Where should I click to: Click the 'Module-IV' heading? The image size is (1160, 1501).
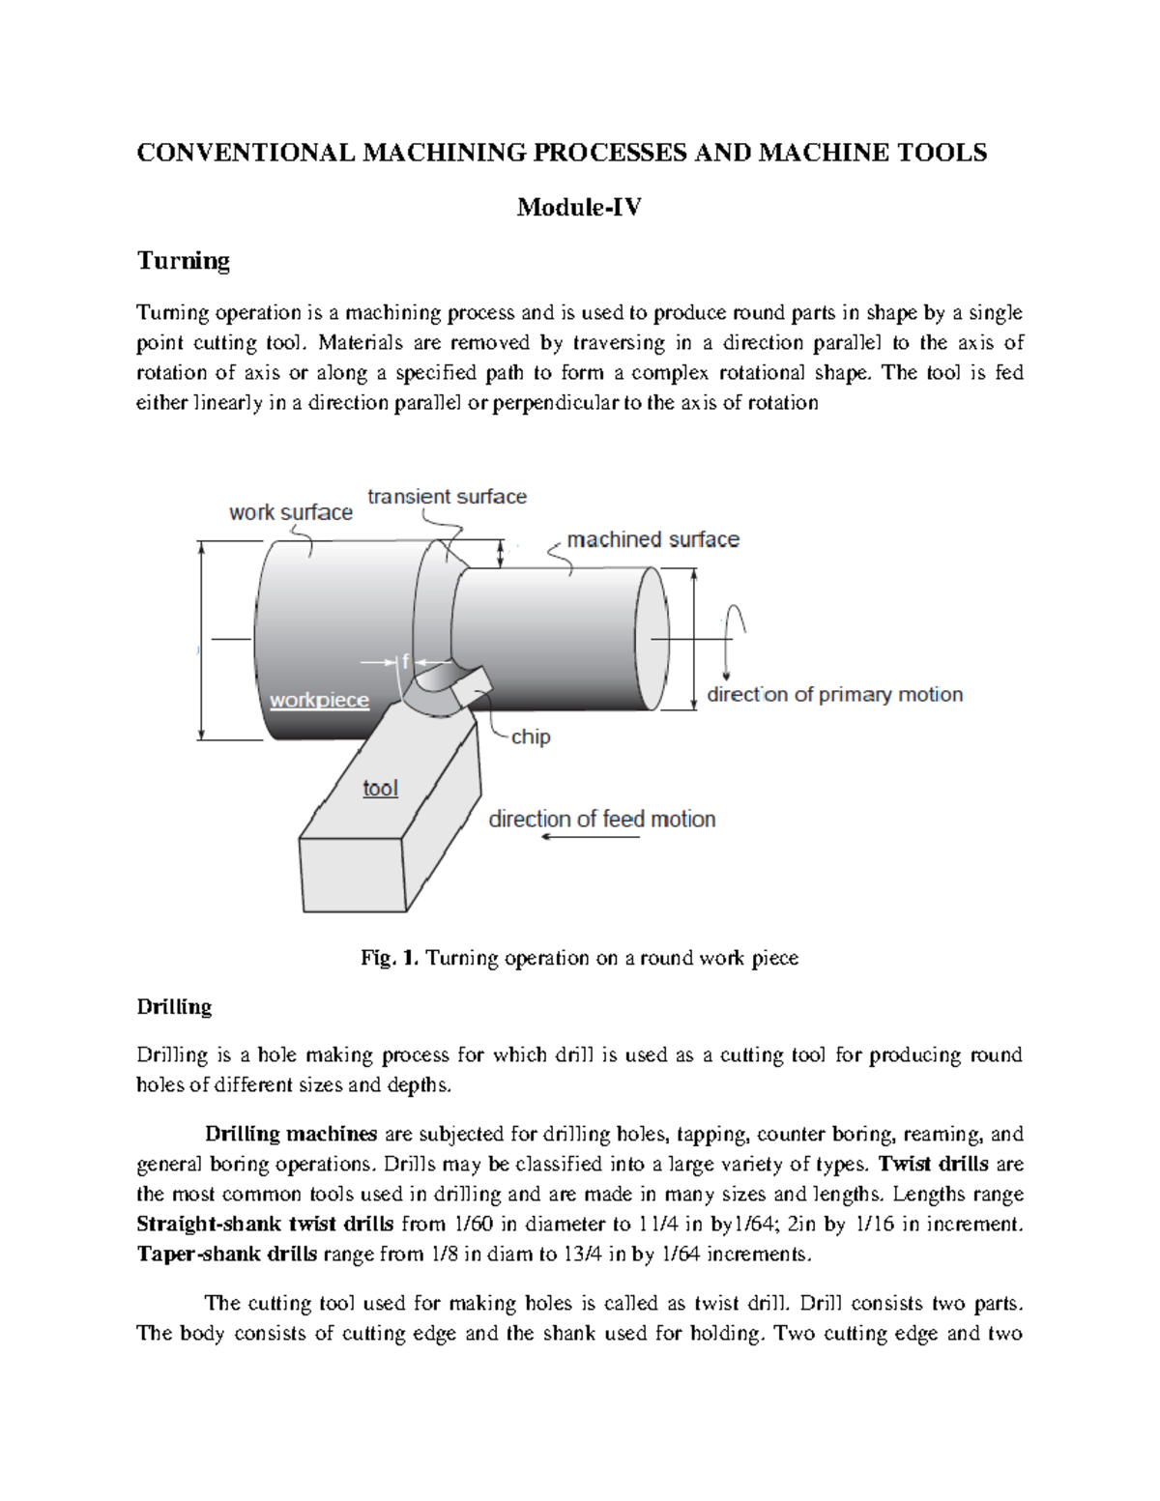coord(578,207)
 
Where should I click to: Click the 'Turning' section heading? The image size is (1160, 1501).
coord(183,261)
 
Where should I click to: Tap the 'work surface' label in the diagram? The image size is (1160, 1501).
coord(290,512)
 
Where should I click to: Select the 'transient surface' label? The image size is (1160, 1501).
coord(447,497)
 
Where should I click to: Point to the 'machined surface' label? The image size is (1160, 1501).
coord(652,539)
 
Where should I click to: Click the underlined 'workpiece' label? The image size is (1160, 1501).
coord(319,700)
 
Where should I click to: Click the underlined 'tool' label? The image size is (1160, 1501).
coord(380,789)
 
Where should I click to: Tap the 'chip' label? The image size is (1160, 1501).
coord(531,736)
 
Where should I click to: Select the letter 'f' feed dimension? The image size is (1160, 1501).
coord(405,661)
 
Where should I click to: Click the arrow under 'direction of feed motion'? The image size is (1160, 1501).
coord(590,837)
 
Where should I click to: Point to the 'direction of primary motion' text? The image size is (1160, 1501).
coord(834,694)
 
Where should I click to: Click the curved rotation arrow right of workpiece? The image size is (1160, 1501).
coord(737,628)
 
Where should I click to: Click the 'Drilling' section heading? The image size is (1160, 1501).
coord(174,1007)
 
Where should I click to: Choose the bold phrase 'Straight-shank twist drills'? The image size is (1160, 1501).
coord(265,1225)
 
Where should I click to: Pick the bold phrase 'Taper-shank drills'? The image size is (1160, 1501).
coord(226,1255)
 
